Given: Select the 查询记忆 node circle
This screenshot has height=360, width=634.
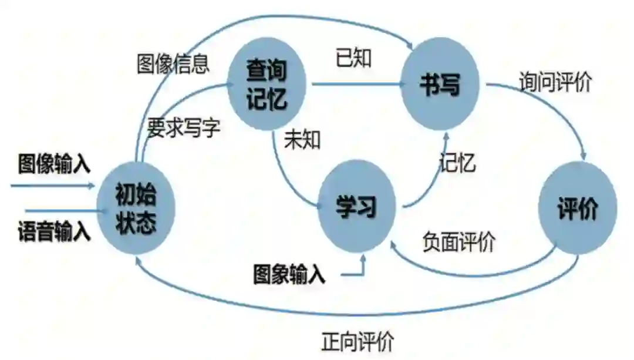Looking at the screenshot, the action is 267,85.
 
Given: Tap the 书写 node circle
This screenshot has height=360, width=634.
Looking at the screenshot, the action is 440,86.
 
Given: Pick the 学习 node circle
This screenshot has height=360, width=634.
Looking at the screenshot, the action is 356,207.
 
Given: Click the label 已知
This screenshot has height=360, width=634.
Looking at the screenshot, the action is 353,58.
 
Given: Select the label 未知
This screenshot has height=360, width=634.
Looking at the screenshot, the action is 302,140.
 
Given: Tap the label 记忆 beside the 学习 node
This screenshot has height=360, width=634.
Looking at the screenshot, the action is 457,163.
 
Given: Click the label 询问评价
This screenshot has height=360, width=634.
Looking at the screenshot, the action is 555,82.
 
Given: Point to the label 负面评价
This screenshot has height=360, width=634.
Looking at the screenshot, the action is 459,241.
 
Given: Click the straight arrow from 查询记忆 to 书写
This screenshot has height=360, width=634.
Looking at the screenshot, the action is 358,85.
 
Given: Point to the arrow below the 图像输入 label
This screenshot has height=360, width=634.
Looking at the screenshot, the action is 53,186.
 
